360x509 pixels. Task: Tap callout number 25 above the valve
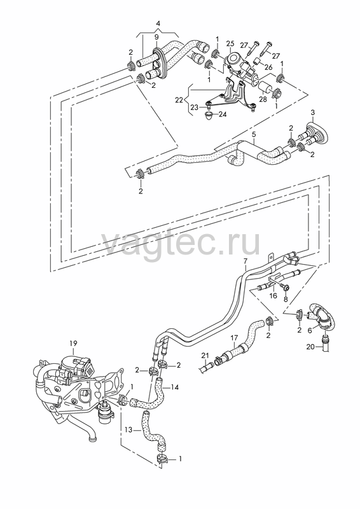230,43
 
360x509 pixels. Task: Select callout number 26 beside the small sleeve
268,67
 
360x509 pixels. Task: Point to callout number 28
263,99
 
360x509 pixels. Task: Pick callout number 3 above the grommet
312,113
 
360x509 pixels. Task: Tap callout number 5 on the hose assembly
254,134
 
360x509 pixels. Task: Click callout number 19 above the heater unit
73,343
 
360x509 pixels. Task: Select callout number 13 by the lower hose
128,430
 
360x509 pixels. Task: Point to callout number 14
175,387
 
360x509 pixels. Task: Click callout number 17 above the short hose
234,338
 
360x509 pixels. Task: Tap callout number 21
205,356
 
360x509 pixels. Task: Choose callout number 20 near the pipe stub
310,347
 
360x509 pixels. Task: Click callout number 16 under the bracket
273,295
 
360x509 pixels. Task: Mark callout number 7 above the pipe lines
246,260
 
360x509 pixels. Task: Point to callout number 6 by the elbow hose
309,330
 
